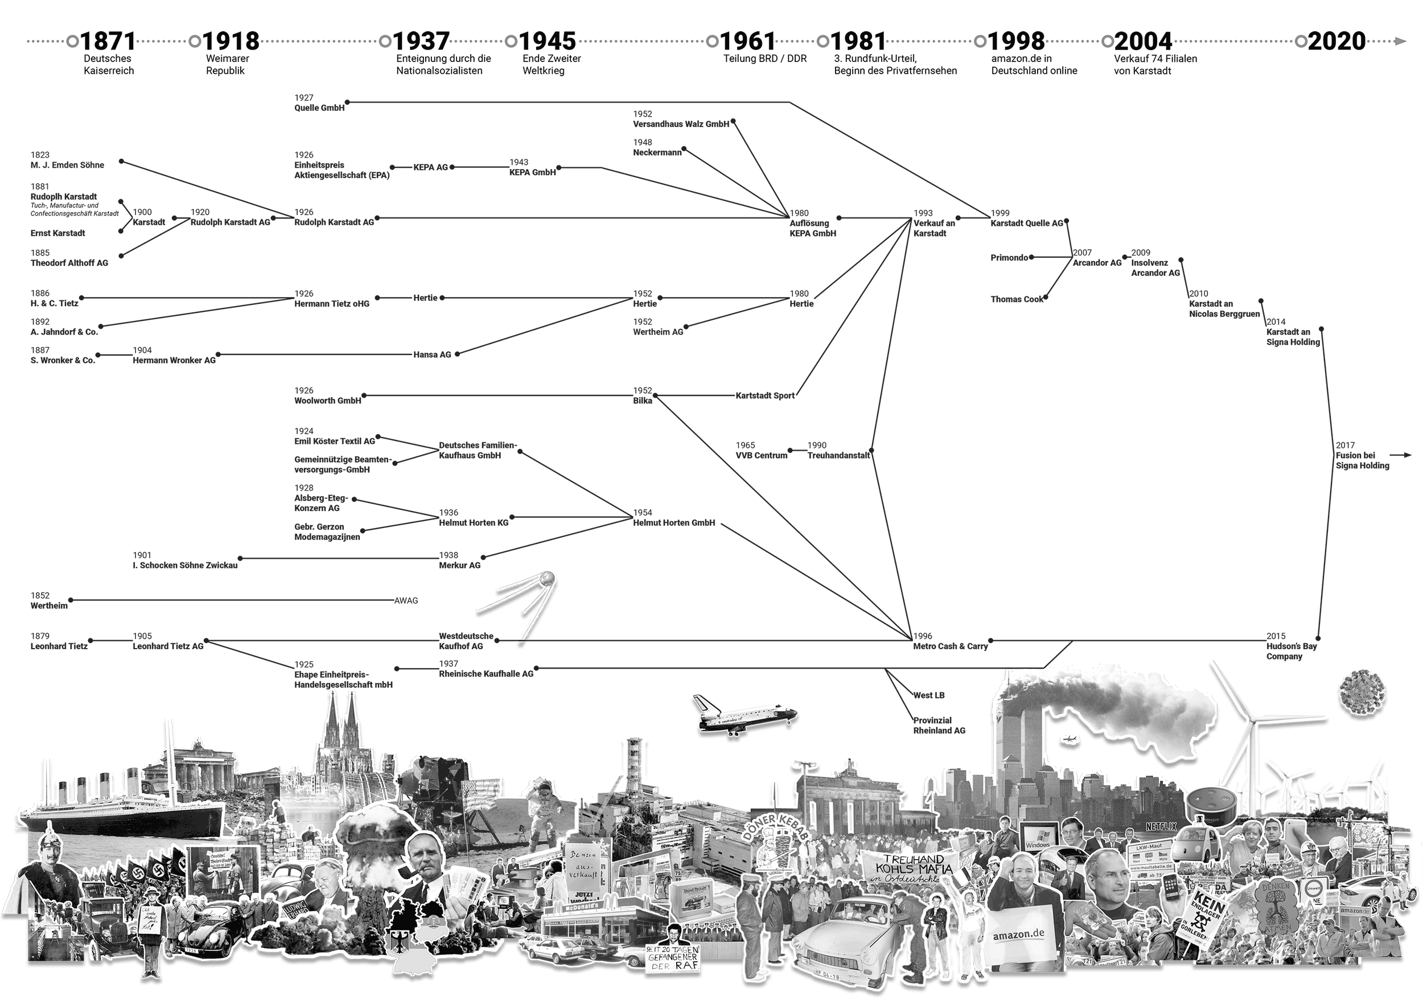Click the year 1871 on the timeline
108,42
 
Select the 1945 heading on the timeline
547,42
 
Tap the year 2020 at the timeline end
1337,42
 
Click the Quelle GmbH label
319,108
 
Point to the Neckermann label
657,152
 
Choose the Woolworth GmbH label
327,401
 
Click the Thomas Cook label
1017,299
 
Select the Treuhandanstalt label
838,455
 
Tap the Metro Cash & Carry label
950,646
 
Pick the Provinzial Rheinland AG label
939,725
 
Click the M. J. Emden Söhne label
67,165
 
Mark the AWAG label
406,600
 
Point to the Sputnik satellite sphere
547,579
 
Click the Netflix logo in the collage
1161,826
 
